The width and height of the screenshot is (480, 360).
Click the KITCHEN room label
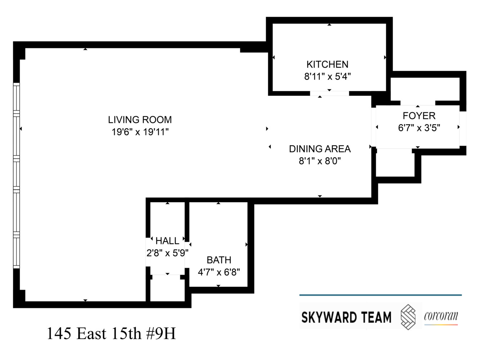[x=327, y=64]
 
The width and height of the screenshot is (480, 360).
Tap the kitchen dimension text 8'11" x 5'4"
[x=327, y=76]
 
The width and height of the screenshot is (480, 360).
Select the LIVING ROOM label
[x=140, y=120]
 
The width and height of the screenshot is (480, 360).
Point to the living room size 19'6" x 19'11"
[x=140, y=132]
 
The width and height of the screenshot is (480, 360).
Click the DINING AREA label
[x=320, y=149]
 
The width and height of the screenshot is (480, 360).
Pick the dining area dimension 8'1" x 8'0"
[x=320, y=161]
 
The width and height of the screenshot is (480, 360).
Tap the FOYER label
[x=419, y=116]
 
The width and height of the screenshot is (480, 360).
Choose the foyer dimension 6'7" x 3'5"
[x=419, y=128]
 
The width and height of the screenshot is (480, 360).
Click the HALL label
[x=167, y=240]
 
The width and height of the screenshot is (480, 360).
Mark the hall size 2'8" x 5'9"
[x=167, y=253]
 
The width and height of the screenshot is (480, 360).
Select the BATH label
[x=219, y=260]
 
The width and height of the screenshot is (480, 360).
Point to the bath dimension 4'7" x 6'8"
[x=219, y=272]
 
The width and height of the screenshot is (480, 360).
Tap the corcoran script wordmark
[x=441, y=316]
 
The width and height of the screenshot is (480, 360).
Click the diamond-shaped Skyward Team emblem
[x=408, y=317]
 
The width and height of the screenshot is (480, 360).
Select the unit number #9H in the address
[x=161, y=334]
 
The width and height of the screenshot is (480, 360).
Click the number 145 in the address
[x=59, y=334]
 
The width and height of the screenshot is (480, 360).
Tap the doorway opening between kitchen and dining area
[x=329, y=94]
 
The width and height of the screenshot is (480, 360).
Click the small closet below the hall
[x=167, y=289]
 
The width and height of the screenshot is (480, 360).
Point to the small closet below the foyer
[x=395, y=164]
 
